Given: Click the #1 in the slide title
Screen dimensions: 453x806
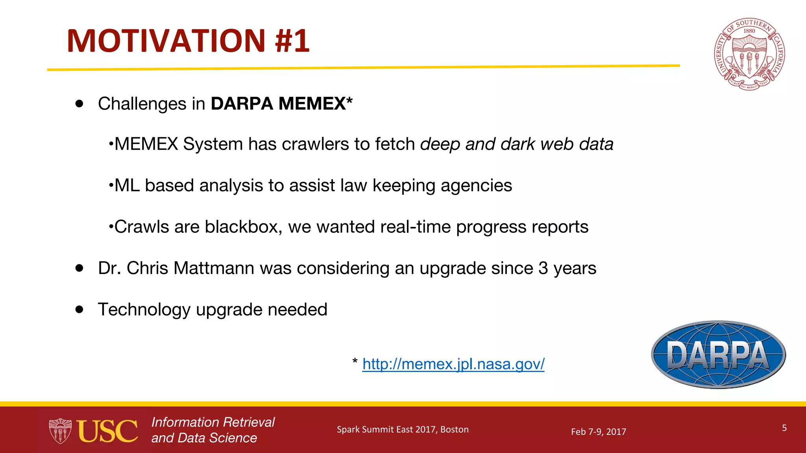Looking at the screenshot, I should point(292,41).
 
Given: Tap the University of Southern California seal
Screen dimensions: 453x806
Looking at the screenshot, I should point(749,54).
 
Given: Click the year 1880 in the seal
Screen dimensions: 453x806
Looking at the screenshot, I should point(749,31).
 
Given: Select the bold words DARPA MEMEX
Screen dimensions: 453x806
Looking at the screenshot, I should point(279,104).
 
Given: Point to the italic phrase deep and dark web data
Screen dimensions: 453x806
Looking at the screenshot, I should point(516,144).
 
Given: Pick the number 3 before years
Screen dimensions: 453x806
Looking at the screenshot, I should point(543,268).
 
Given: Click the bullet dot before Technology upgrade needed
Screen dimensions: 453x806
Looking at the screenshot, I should point(79,309).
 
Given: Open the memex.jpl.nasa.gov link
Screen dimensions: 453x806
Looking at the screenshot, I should point(453,364).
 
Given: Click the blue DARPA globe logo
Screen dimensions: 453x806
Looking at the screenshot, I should point(718,355).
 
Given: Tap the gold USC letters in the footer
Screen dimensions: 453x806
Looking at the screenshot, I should point(107,431).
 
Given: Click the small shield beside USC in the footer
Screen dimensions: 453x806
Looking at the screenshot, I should point(60,431).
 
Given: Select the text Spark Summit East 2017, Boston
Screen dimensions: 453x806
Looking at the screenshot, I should point(403,429).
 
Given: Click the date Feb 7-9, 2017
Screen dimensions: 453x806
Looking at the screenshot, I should point(598,432).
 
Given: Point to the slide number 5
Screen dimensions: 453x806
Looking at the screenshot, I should point(784,428).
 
